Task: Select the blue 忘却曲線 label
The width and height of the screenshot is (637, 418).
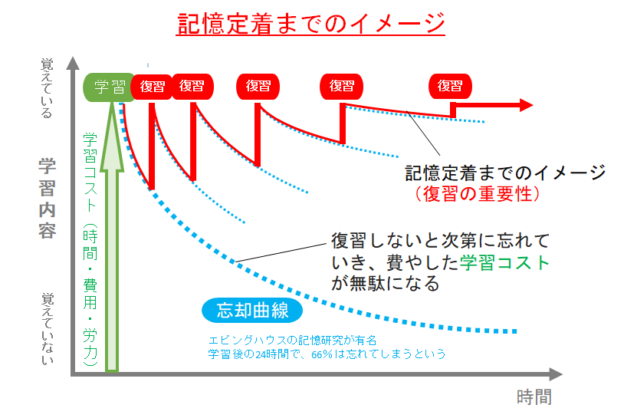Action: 252,310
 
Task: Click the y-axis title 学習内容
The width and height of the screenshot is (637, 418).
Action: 48,197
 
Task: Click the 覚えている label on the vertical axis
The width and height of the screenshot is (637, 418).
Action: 48,88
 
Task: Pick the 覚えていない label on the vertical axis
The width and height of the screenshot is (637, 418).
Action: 48,327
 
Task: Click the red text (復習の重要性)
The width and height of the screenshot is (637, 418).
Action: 480,194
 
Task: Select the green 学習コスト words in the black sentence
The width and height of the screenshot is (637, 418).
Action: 505,262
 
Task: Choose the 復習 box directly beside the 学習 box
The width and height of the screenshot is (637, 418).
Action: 153,87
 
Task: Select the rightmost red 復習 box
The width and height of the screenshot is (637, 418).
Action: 450,87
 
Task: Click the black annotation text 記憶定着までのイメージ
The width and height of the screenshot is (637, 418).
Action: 505,172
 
